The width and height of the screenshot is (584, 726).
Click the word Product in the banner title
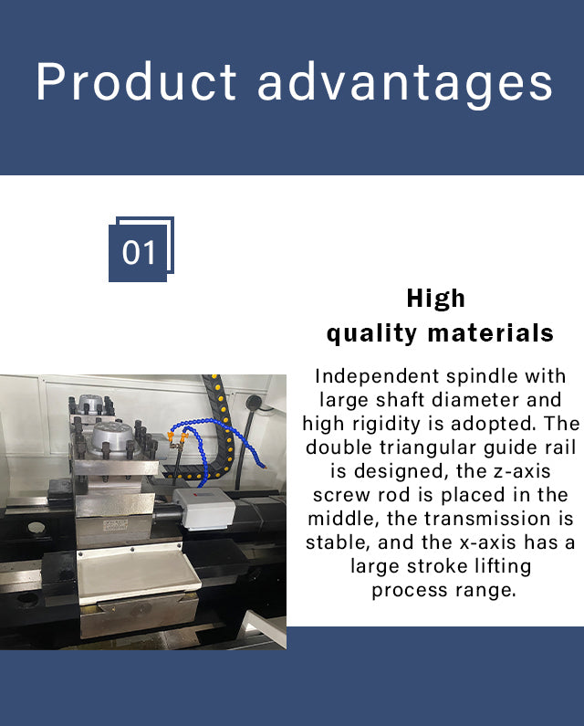click(137, 82)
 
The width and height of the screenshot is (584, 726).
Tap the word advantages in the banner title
click(405, 85)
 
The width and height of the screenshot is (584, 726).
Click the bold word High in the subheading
click(436, 298)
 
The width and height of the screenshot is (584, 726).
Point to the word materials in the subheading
click(491, 333)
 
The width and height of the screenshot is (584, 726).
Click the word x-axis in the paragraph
click(488, 542)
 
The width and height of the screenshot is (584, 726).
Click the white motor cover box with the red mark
click(203, 508)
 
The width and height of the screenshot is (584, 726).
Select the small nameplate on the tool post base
click(115, 525)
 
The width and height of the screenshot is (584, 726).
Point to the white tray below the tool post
click(138, 573)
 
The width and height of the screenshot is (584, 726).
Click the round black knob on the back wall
click(252, 402)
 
